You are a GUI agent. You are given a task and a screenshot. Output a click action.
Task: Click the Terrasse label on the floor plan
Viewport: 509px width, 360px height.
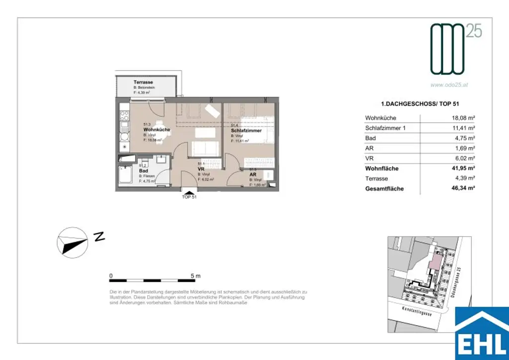[143, 82]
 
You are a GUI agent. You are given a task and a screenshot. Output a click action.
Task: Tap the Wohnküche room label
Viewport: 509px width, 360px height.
[157, 129]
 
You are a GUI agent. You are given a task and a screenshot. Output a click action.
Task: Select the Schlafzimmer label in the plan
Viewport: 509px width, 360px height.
[247, 130]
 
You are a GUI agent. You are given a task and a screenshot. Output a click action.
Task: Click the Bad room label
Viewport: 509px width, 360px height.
[144, 171]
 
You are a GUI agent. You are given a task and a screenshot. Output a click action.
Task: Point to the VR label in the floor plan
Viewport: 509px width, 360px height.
[201, 169]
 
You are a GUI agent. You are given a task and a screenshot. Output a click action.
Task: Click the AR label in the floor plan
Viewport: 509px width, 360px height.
[253, 175]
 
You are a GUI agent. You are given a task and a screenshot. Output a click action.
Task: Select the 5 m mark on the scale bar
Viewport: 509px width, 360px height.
[195, 275]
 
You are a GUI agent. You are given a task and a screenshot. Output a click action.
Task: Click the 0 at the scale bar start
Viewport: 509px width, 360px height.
[111, 275]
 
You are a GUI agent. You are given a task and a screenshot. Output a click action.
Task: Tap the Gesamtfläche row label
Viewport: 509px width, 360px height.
[384, 189]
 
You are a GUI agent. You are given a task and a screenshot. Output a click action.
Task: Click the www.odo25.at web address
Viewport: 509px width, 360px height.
[449, 85]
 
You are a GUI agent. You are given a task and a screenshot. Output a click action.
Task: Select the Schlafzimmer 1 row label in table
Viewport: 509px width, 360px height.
[386, 128]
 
